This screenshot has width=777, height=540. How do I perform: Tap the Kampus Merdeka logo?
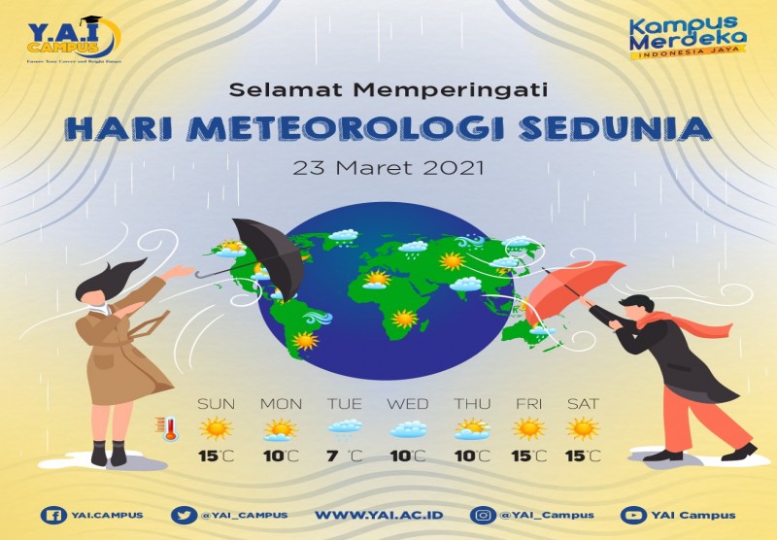tap(687, 39)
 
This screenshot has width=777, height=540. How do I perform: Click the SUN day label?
tap(216, 403)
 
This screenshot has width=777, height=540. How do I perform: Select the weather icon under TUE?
tap(345, 428)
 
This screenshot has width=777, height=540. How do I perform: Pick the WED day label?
tap(407, 403)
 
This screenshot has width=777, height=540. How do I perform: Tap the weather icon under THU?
tap(472, 428)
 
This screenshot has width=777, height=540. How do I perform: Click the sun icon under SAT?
tap(583, 428)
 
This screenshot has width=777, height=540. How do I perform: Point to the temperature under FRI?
tap(528, 456)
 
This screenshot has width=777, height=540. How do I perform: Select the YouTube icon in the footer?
tap(634, 515)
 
